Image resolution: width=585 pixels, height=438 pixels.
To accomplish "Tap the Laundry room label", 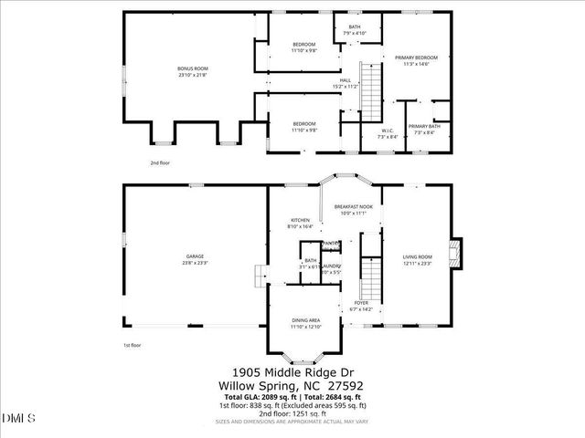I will [x=330, y=269].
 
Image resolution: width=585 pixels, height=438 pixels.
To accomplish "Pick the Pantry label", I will [x=331, y=244].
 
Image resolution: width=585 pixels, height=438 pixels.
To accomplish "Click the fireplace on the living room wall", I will [x=458, y=254].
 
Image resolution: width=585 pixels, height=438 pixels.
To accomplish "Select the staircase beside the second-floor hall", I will [x=370, y=89].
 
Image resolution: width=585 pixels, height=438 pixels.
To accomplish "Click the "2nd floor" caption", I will [x=160, y=163].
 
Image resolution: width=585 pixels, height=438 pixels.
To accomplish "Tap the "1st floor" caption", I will [x=132, y=346].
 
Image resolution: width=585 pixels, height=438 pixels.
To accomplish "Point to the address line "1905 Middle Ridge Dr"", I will [x=292, y=372].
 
